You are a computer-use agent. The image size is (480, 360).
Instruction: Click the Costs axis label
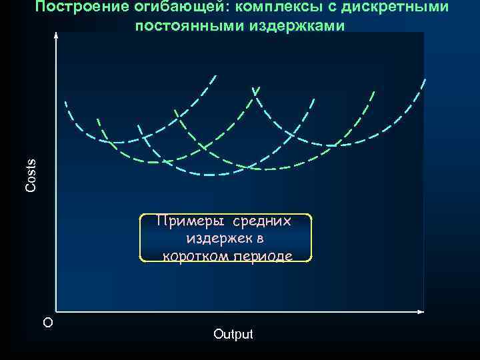click(x=31, y=175)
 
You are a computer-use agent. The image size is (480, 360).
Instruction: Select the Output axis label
click(x=233, y=334)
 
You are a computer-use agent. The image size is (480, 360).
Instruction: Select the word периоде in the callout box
click(x=265, y=255)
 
